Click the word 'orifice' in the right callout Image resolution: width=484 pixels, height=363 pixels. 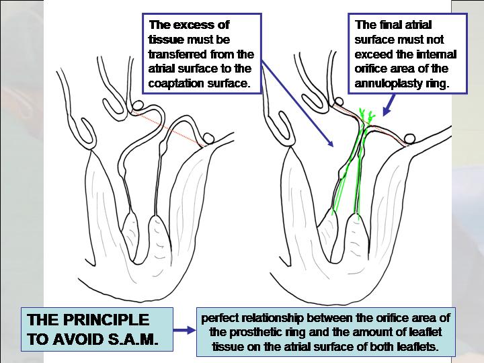tap(372, 70)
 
